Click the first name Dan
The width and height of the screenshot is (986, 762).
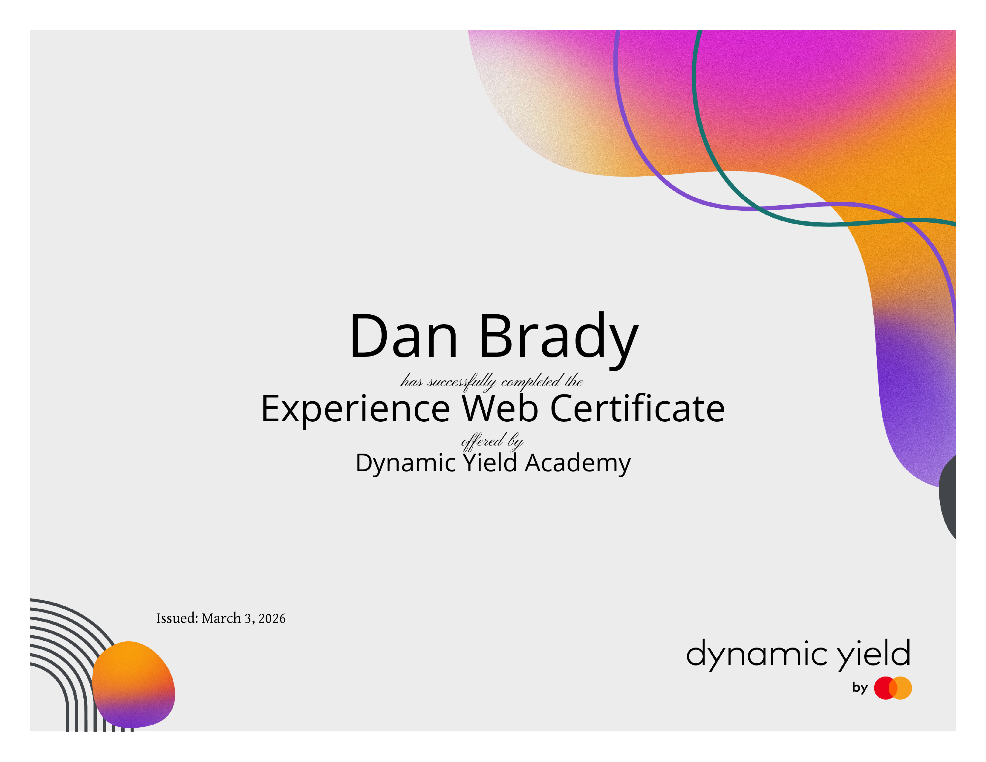click(x=404, y=336)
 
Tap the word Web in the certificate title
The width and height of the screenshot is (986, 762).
click(x=500, y=408)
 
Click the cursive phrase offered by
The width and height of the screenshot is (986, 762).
click(x=492, y=441)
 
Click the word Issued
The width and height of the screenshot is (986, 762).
click(x=177, y=618)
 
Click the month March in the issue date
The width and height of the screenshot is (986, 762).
click(x=221, y=618)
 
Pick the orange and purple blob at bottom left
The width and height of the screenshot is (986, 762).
click(x=134, y=684)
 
